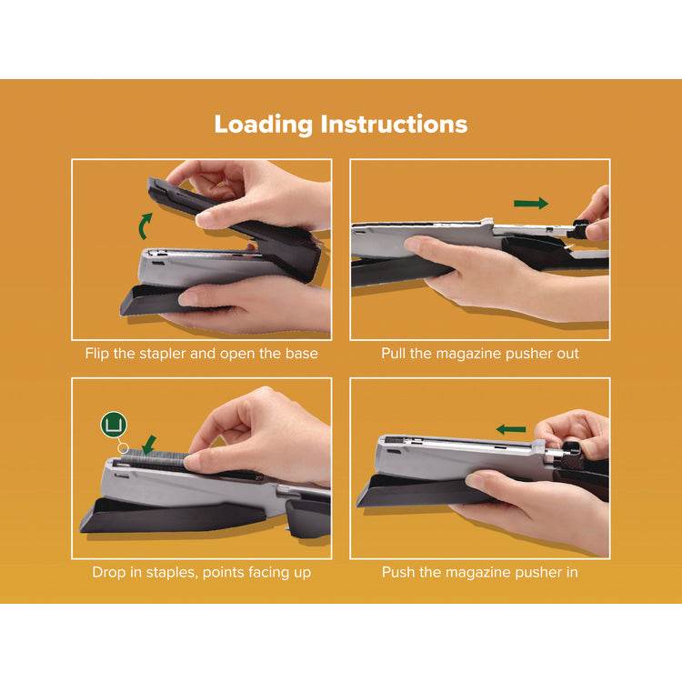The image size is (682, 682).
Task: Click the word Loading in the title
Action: [x=263, y=125]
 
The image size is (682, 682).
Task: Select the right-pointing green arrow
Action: [x=531, y=203]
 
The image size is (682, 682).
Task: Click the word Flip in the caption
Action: [x=100, y=353]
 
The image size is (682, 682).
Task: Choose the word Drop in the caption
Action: [x=109, y=572]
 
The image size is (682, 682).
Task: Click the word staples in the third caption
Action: [x=186, y=572]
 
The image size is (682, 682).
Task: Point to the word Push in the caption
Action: [x=399, y=572]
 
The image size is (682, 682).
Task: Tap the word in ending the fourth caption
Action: [x=570, y=572]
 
